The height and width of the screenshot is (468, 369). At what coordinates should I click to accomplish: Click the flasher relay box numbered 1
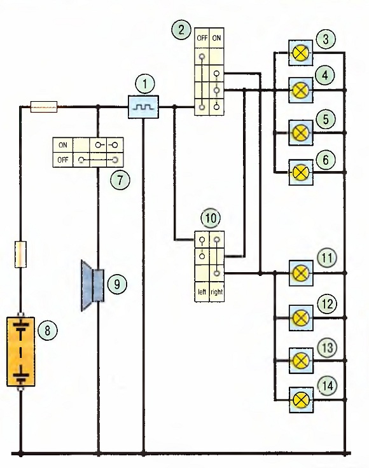143,107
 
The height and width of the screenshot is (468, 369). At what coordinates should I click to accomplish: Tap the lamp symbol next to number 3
301,53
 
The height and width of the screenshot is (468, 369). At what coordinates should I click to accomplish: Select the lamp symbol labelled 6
301,172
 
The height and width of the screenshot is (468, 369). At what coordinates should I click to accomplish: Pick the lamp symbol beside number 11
301,273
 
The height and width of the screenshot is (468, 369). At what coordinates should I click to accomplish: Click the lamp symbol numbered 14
301,400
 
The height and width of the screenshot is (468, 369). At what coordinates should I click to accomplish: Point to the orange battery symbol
20,351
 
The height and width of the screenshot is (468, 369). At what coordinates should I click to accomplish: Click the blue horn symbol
93,286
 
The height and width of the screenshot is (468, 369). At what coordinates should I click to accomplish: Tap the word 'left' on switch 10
202,292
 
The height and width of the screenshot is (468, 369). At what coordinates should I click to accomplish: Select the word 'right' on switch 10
216,292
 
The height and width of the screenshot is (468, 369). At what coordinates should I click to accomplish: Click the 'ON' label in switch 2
216,38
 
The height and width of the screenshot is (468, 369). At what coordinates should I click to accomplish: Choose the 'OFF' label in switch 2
202,38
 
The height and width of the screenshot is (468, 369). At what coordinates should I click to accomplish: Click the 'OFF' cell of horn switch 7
63,160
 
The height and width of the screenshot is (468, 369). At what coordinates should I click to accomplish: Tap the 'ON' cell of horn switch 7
63,145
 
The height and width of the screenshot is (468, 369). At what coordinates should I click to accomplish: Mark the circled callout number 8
48,331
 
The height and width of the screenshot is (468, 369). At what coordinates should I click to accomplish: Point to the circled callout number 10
211,218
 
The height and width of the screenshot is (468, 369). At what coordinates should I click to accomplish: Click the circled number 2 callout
181,29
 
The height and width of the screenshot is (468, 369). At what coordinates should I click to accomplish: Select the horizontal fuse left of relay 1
44,107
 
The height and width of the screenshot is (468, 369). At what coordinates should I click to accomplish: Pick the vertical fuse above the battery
20,254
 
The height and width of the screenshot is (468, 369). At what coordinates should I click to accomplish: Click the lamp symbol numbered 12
301,318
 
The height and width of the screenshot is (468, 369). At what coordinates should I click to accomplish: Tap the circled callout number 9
117,284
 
